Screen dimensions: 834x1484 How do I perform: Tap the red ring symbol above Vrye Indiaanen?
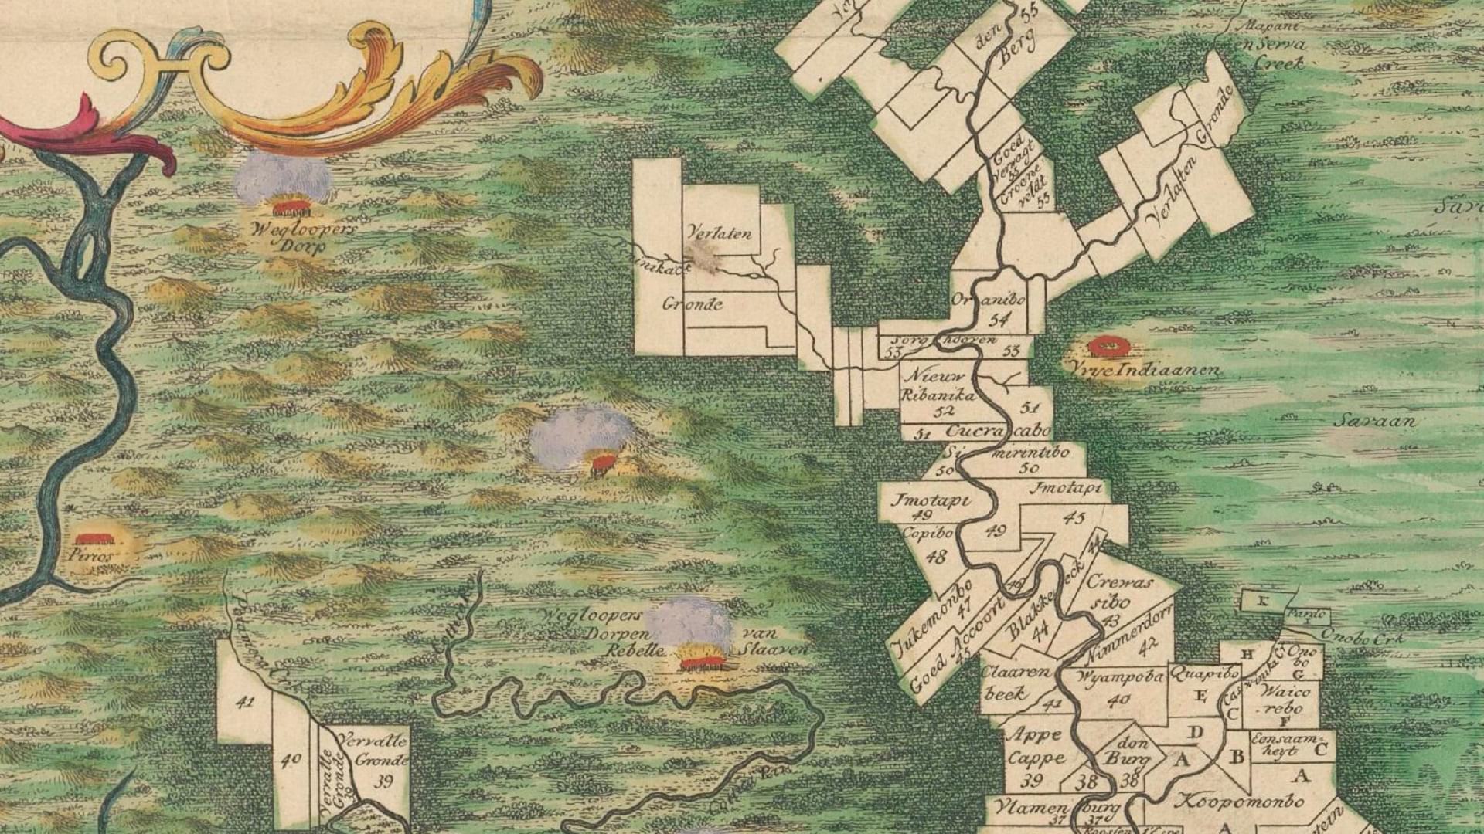(x=1111, y=345)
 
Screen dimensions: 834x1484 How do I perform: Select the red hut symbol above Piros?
(x=96, y=539)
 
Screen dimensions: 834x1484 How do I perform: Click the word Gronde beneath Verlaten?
(x=693, y=304)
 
